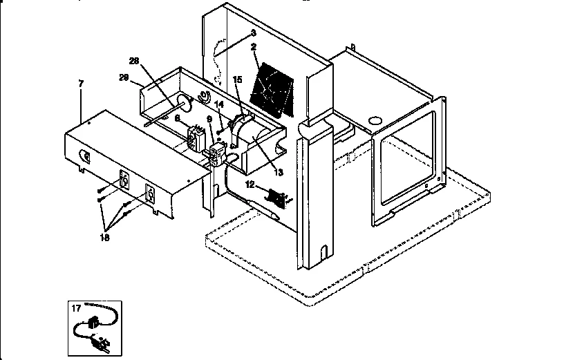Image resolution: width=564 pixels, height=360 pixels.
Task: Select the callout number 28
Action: tap(134, 61)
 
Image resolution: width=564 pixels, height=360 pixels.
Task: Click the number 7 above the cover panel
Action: tap(81, 84)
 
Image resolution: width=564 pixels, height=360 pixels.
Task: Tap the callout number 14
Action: tap(220, 105)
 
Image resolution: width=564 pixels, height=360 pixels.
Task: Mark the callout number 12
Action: tap(251, 185)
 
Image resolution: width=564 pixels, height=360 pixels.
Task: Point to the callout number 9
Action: tap(209, 119)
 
